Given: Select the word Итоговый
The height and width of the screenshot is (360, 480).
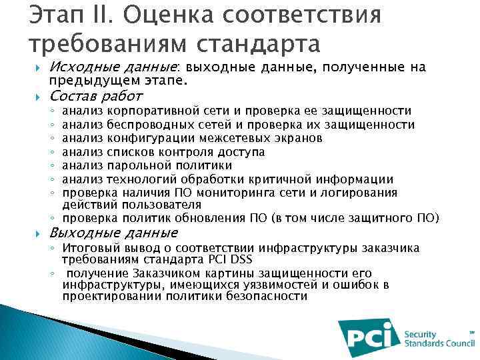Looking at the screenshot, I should (89, 249).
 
